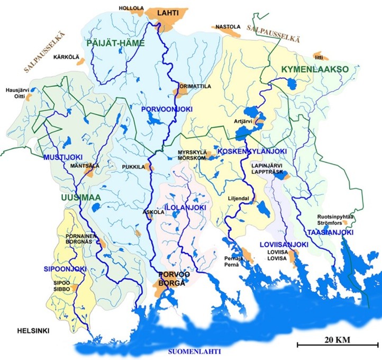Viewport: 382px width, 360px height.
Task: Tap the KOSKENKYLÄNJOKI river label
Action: [252, 152]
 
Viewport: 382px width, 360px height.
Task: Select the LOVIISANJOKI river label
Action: [284, 245]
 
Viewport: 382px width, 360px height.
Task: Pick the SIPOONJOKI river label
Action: [69, 269]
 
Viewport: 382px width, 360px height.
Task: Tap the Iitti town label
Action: [317, 56]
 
